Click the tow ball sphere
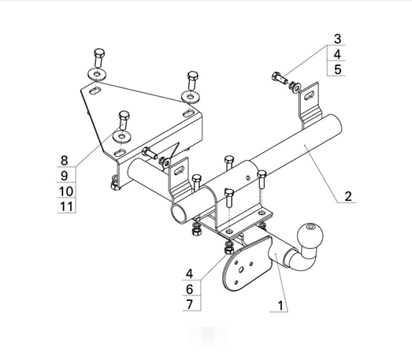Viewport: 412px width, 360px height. pos(310,236)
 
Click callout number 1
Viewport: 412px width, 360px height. pos(280,306)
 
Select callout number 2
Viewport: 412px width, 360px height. pos(348,196)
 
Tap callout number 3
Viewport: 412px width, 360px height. pos(338,39)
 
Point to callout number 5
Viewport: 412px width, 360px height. pos(338,69)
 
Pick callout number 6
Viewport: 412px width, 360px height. pos(190,289)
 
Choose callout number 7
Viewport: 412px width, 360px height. pos(190,304)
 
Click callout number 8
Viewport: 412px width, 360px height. pos(65,160)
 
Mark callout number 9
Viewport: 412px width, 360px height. pos(65,176)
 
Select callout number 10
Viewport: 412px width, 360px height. pos(66,191)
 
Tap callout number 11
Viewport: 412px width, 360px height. pos(66,206)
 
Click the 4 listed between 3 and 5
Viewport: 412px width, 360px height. pos(338,54)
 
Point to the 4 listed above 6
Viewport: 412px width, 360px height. pos(190,274)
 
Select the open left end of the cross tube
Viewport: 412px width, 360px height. pos(179,213)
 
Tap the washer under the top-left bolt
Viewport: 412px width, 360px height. pos(97,74)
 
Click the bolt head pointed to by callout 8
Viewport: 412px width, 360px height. pos(124,115)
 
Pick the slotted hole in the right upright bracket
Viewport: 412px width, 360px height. pos(310,95)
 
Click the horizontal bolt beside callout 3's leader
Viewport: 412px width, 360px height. pos(280,77)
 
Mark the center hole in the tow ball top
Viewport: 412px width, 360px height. pos(312,227)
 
